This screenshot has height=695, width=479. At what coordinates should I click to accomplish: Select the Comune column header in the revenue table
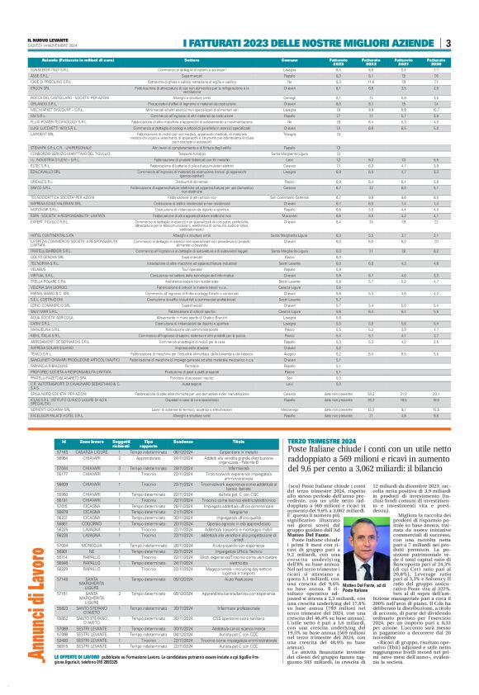291,62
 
